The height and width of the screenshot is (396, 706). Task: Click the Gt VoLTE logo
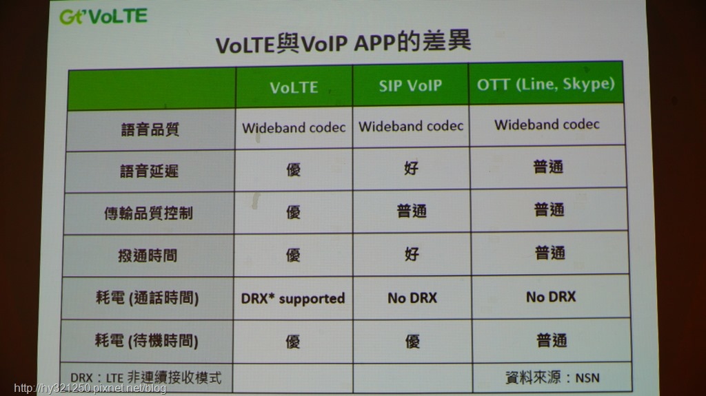[x=103, y=17]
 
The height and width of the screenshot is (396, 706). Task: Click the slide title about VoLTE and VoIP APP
[x=343, y=43]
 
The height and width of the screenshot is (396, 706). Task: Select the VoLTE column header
[x=294, y=87]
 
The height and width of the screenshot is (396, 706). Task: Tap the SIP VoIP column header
[x=410, y=85]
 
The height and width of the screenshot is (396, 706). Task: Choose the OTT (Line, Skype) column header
[x=546, y=84]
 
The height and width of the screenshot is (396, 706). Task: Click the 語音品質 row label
[x=150, y=129]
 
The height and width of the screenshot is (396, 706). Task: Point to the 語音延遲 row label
[x=149, y=171]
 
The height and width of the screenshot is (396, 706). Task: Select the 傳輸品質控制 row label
[x=148, y=213]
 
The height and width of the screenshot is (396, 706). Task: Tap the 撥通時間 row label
[x=148, y=255]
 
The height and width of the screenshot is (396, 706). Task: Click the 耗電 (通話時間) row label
[x=147, y=298]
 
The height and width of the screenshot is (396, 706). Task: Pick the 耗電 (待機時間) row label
[x=146, y=341]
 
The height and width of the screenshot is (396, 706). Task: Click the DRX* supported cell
[x=293, y=299]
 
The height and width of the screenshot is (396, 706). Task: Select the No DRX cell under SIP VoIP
[x=412, y=298]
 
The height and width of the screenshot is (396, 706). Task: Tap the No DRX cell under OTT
[x=551, y=297]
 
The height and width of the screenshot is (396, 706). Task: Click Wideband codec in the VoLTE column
[x=294, y=128]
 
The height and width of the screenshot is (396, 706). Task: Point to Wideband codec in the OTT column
[x=547, y=124]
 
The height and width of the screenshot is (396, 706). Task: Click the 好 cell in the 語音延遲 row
[x=411, y=168]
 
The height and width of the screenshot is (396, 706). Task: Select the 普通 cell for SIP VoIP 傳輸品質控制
[x=412, y=211]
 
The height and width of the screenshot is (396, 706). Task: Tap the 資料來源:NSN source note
[x=552, y=377]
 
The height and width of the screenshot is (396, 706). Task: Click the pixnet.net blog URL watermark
[x=90, y=388]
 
